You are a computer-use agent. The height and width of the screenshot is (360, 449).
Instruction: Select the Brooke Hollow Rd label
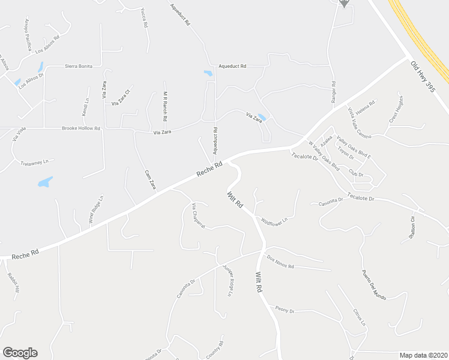81,128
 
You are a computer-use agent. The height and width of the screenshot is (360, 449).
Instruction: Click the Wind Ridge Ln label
96,209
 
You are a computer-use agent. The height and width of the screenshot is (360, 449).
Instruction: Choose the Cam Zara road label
150,179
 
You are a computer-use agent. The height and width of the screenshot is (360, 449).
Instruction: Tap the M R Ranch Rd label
164,106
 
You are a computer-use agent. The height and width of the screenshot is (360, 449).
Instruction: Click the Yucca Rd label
143,18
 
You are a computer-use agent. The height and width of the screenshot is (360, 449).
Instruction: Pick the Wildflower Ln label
274,222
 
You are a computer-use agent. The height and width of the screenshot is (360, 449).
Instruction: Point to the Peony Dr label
284,311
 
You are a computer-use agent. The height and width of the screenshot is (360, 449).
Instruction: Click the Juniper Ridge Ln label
227,280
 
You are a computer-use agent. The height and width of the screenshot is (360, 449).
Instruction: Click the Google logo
20,353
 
